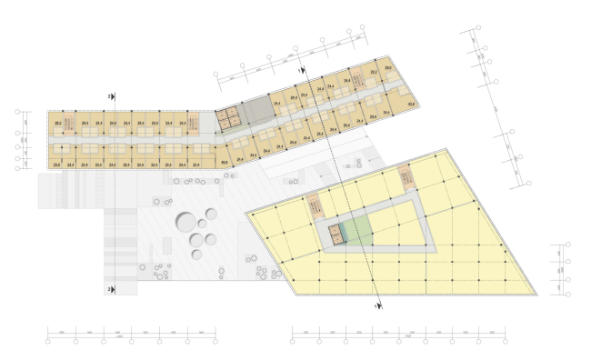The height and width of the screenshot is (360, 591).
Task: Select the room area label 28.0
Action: pos(57,122)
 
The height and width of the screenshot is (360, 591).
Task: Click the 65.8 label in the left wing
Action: pos(224,163)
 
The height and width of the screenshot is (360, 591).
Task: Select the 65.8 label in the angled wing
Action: pos(411,105)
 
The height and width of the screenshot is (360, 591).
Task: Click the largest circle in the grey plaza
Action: pos(185,223)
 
